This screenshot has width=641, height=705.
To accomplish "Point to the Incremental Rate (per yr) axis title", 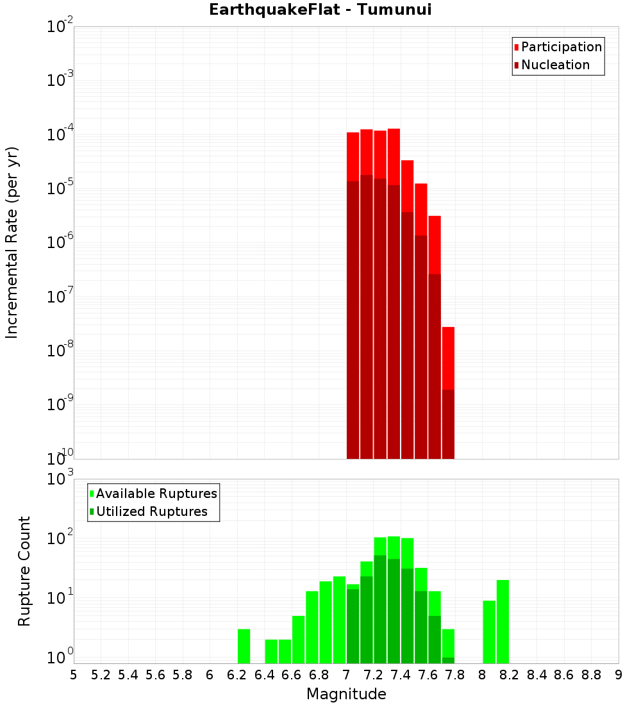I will click(12, 242).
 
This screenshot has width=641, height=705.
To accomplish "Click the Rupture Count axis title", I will click(24, 571).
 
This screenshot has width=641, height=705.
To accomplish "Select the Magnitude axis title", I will click(346, 694).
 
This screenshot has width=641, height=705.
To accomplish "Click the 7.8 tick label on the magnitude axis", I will click(455, 674).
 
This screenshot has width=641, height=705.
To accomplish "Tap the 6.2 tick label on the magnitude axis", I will click(237, 674).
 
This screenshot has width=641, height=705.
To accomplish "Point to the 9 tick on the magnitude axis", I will click(619, 674).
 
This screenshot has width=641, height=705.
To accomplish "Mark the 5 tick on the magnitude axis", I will click(74, 674).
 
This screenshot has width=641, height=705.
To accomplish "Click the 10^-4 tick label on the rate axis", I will click(60, 135).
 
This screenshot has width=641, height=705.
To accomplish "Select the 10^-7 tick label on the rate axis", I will click(60, 297).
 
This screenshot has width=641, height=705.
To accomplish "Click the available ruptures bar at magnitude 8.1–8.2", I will click(503, 622).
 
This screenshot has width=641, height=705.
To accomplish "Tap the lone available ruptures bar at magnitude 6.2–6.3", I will click(244, 646).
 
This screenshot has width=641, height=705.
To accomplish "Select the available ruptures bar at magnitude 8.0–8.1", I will click(489, 632).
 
